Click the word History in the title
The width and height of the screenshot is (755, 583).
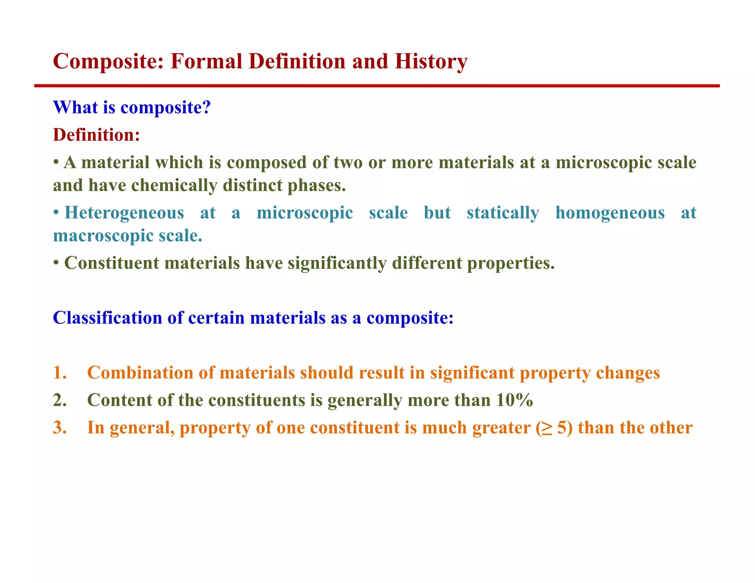pyautogui.click(x=431, y=61)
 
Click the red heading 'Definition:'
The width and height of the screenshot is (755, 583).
pyautogui.click(x=96, y=135)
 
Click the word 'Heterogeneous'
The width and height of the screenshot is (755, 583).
pyautogui.click(x=124, y=213)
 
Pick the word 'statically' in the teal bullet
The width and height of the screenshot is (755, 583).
pyautogui.click(x=503, y=213)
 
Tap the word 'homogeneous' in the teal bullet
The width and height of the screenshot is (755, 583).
pyautogui.click(x=610, y=213)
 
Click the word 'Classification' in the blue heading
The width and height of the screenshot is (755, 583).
pyautogui.click(x=107, y=318)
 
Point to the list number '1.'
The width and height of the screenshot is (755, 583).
pyautogui.click(x=60, y=373)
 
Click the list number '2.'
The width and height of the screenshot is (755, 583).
pyautogui.click(x=60, y=400)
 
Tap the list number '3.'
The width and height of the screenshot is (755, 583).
pyautogui.click(x=60, y=427)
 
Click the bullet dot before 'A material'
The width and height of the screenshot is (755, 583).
pyautogui.click(x=56, y=163)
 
